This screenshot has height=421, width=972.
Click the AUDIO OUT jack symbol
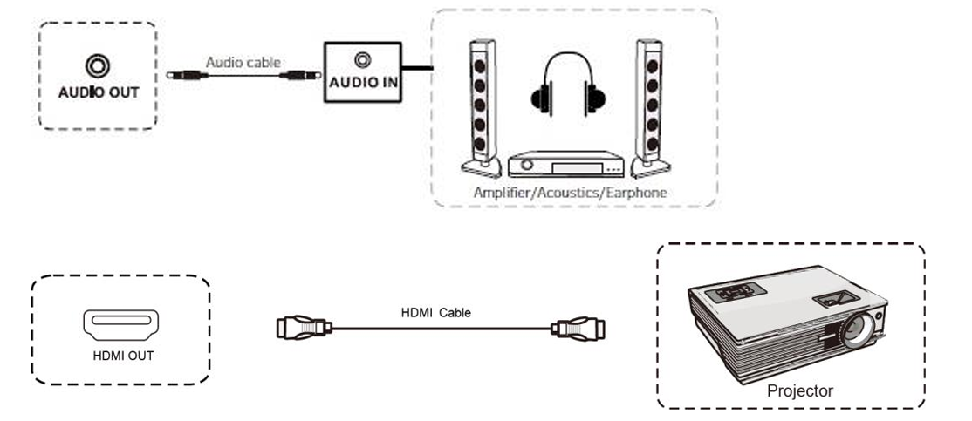click(x=96, y=65)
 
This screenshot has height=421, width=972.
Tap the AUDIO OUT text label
click(x=98, y=92)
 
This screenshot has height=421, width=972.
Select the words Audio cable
click(x=243, y=63)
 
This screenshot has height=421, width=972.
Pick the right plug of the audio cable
click(x=296, y=75)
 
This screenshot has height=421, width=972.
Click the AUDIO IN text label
click(x=363, y=85)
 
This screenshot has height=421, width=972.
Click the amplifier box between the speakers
click(x=565, y=164)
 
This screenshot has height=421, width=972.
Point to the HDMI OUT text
click(x=123, y=356)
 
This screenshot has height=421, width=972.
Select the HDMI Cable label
click(x=435, y=312)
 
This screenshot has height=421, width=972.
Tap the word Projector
click(x=799, y=391)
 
